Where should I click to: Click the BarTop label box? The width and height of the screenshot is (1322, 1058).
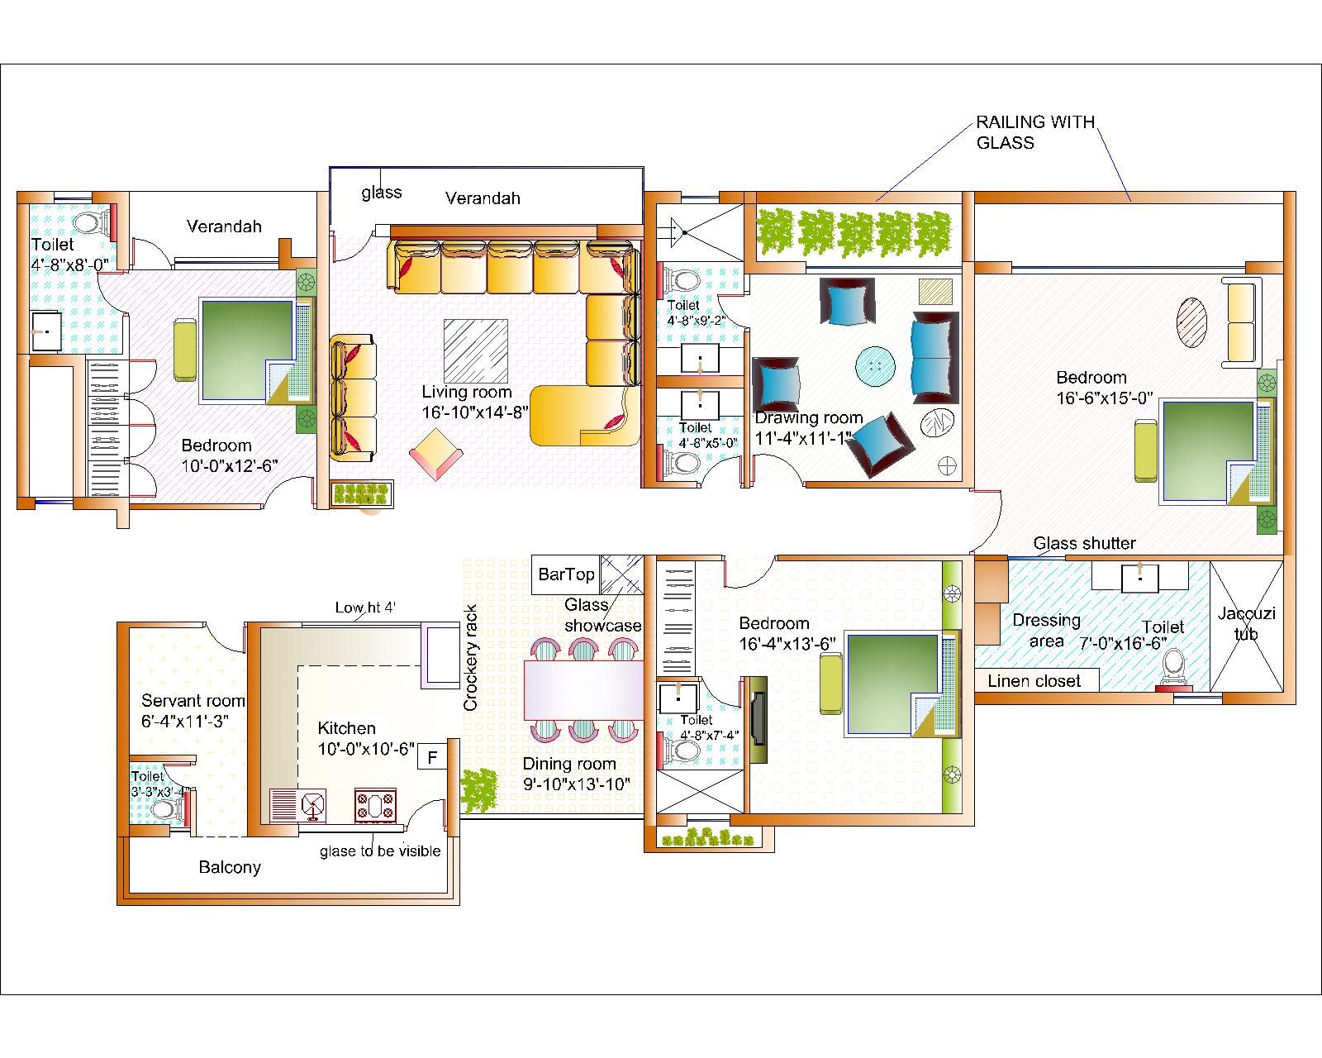click(x=566, y=574)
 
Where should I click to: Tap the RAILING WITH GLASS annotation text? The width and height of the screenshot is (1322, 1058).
click(x=1036, y=132)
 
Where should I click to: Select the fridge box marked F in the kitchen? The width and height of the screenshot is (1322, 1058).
click(x=432, y=757)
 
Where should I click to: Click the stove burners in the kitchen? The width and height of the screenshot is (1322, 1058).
click(x=375, y=805)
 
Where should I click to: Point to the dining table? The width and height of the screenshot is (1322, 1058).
click(x=583, y=689)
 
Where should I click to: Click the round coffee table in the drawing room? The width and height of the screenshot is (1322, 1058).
click(x=875, y=366)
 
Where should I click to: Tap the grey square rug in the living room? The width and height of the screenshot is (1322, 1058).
click(x=476, y=350)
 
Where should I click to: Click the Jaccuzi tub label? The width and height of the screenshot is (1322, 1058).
click(x=1247, y=623)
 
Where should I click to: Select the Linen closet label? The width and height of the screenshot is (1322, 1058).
click(x=1034, y=681)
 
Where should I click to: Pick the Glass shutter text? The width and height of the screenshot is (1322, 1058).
click(x=1084, y=543)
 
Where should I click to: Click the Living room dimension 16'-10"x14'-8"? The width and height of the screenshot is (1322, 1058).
click(x=475, y=412)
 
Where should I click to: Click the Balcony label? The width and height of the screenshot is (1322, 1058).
click(x=230, y=867)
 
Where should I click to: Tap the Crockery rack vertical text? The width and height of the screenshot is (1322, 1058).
click(x=471, y=658)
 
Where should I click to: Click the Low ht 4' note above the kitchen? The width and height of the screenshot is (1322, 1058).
click(x=365, y=608)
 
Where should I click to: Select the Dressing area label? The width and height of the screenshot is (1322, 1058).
click(x=1046, y=630)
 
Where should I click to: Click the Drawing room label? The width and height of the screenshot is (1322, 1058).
click(x=808, y=418)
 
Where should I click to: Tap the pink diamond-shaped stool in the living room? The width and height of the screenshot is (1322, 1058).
click(x=436, y=454)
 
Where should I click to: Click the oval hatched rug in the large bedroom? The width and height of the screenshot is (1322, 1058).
click(x=1191, y=322)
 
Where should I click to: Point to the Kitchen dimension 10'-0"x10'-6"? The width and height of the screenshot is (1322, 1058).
click(x=366, y=749)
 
